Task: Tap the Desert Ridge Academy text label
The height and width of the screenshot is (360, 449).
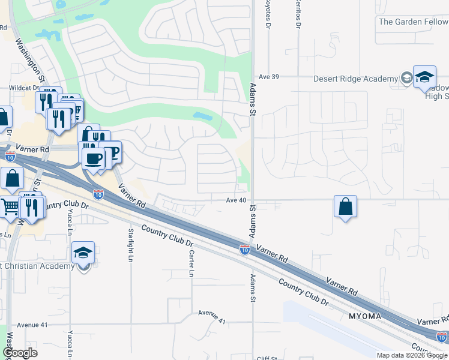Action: pyautogui.click(x=356, y=79)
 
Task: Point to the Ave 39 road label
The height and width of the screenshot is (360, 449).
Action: pyautogui.click(x=270, y=77)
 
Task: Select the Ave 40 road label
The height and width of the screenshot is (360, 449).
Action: pyautogui.click(x=237, y=200)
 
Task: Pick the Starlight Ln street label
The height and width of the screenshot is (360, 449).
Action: pyautogui.click(x=130, y=245)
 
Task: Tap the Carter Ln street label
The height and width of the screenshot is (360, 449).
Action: pyautogui.click(x=191, y=264)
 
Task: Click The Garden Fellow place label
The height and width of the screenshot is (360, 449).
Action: pyautogui.click(x=413, y=22)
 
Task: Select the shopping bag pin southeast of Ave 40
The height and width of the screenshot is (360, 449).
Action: pyautogui.click(x=346, y=207)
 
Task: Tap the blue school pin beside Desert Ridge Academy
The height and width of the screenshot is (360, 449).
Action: pyautogui.click(x=424, y=77)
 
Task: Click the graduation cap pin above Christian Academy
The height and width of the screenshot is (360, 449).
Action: pyautogui.click(x=83, y=254)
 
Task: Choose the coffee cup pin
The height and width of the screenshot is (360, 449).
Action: pyautogui.click(x=93, y=159)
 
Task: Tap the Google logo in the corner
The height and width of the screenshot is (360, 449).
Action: pyautogui.click(x=20, y=353)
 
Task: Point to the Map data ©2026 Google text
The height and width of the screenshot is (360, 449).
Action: pyautogui.click(x=412, y=355)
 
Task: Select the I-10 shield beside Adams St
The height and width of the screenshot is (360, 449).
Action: pyautogui.click(x=244, y=248)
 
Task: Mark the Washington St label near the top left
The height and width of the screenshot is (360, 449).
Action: pyautogui.click(x=30, y=60)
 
